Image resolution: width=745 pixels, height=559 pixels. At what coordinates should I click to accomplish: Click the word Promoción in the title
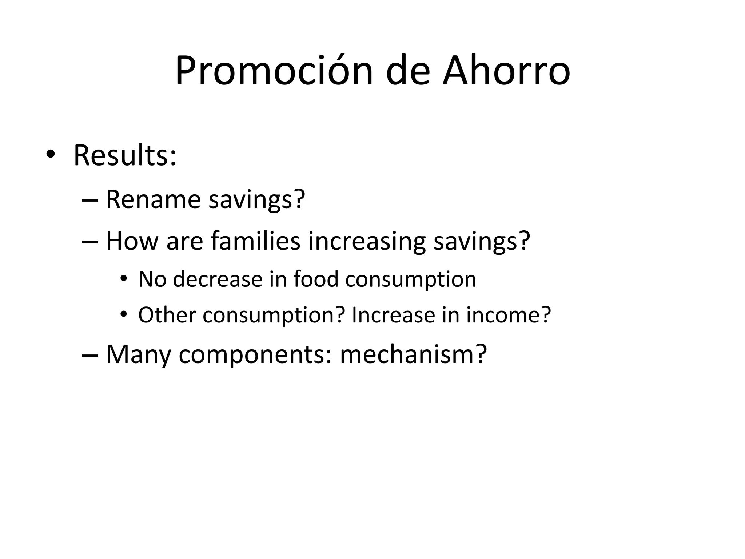click(274, 71)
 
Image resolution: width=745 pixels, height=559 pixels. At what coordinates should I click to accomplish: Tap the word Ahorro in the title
click(506, 71)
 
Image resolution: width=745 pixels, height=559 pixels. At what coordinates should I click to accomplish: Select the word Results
click(125, 156)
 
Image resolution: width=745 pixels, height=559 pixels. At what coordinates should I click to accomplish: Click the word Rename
click(153, 199)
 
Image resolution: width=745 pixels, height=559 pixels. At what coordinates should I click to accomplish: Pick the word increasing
click(367, 242)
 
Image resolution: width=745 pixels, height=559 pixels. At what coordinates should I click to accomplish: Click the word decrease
click(218, 279)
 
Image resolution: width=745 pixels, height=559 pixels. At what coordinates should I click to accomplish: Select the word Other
click(167, 315)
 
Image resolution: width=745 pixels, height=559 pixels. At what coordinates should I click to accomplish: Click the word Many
click(138, 354)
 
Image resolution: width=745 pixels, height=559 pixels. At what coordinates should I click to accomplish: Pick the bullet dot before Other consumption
click(124, 314)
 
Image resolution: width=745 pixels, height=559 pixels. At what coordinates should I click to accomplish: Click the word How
click(132, 241)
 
